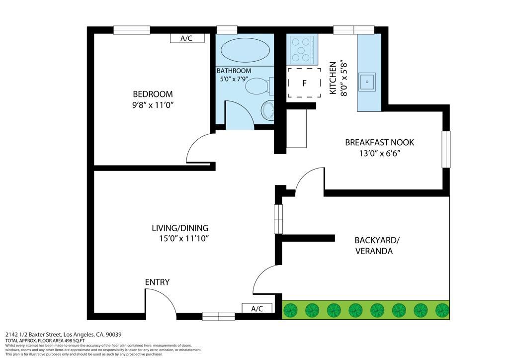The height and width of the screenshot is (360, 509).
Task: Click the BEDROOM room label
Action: point(152,94)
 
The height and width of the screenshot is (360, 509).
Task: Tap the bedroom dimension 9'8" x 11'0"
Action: point(152,105)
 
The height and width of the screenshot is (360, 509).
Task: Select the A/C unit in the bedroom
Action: point(186,38)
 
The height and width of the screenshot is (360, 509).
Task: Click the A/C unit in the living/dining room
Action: point(257,308)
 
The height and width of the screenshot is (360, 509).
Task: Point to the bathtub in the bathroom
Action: point(245,50)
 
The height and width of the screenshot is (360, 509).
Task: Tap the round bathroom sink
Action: point(268,110)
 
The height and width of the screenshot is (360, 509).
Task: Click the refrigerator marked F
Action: point(304,83)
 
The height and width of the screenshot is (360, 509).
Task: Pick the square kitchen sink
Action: point(367,81)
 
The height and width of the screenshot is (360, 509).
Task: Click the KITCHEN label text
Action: point(333,78)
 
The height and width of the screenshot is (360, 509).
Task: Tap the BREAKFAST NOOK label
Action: point(379,143)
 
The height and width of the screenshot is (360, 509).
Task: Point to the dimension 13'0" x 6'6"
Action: point(379,153)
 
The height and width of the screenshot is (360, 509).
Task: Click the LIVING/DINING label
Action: point(180,228)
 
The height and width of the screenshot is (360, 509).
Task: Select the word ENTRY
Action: point(157,282)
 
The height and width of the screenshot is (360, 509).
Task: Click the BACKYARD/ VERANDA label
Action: point(376,246)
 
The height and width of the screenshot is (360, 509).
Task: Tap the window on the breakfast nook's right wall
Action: point(446,149)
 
